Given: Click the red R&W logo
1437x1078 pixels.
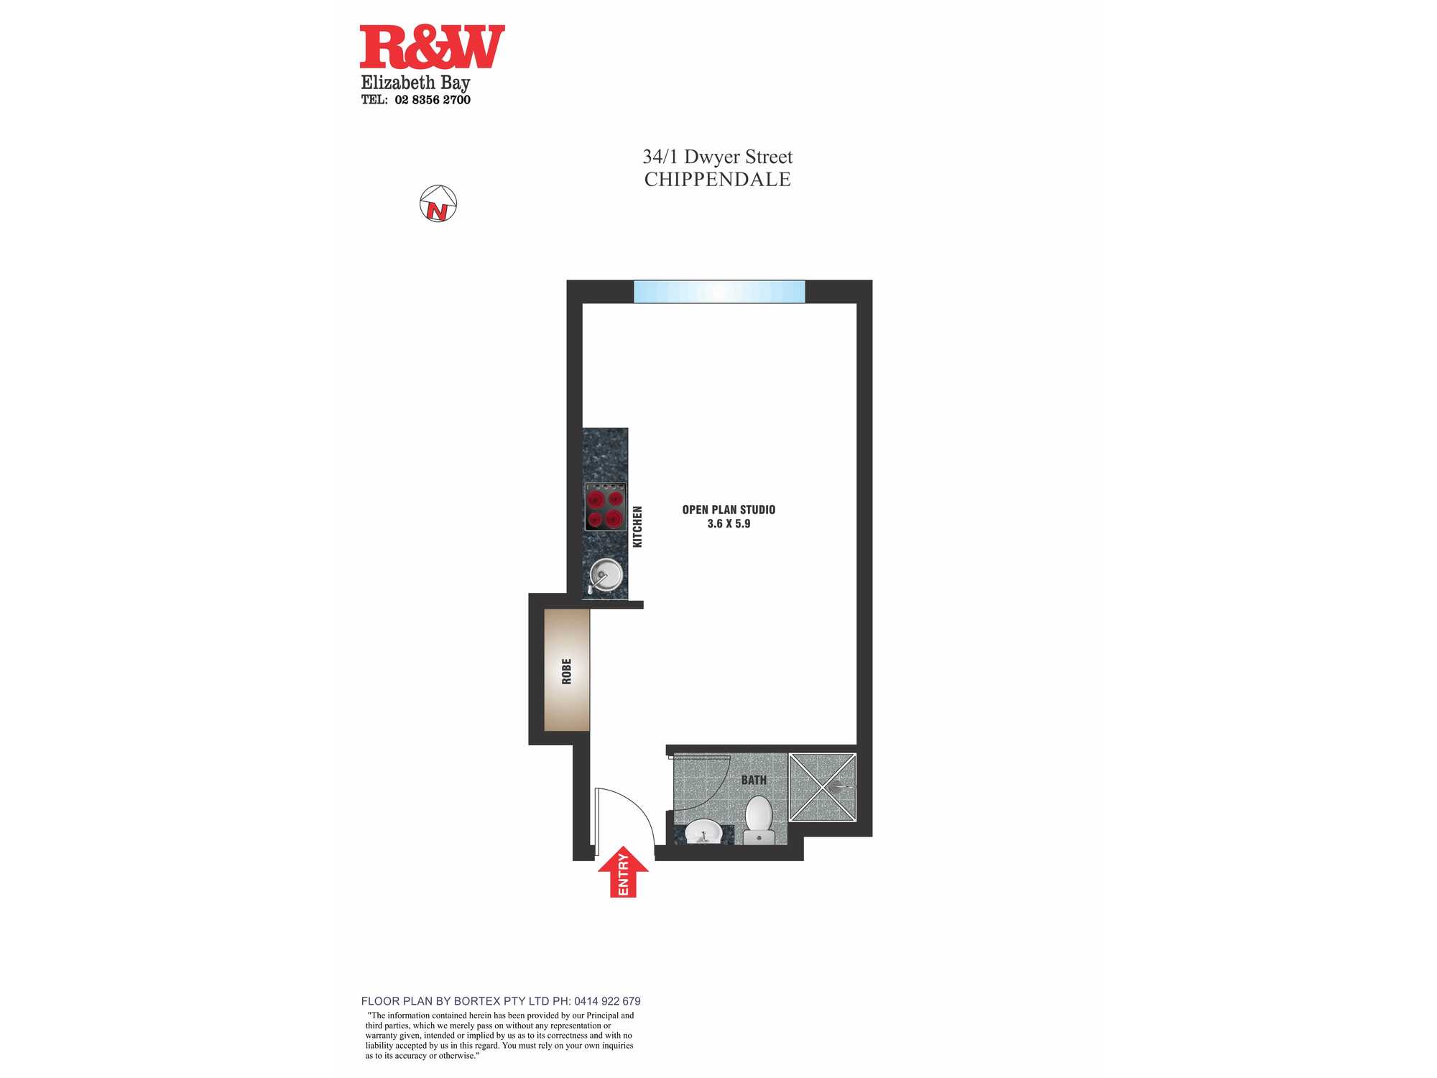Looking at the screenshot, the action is click(432, 47).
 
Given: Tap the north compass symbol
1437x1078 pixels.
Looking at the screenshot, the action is click(438, 203).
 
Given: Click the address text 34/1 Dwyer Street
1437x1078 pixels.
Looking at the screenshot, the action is click(717, 157).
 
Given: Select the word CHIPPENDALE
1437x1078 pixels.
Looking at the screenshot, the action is click(717, 180).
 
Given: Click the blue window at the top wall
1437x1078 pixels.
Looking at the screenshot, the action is click(719, 292).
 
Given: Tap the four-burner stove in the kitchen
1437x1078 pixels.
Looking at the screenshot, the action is click(605, 507).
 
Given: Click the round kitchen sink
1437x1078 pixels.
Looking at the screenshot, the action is click(605, 574).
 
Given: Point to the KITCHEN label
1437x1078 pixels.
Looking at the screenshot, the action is click(637, 527).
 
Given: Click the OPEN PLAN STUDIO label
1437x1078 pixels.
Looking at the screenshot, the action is click(729, 510).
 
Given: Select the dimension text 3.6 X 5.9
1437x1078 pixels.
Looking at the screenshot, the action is click(729, 524).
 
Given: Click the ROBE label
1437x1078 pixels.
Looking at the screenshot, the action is click(567, 671).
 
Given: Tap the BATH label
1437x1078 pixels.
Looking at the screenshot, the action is click(754, 780).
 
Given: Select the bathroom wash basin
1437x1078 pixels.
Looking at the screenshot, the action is click(703, 832).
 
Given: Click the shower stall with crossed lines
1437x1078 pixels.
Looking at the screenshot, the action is click(823, 787).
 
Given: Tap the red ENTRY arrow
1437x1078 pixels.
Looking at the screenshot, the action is click(623, 872).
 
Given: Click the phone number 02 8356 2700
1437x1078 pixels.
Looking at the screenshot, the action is click(433, 100).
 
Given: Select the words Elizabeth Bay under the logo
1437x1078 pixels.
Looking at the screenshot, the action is click(415, 83).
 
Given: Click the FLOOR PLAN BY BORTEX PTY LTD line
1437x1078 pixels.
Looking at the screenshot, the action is click(501, 1001).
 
